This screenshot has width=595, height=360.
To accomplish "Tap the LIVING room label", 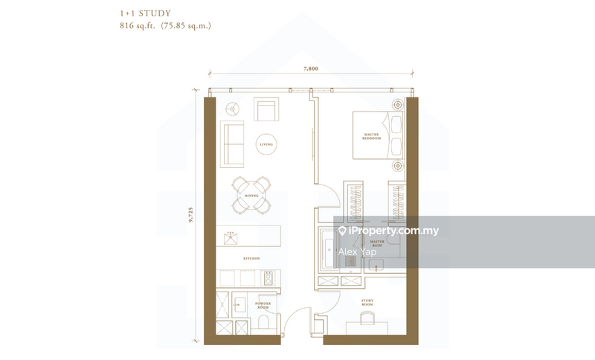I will (x=266, y=144).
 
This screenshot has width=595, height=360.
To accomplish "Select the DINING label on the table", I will (x=251, y=196).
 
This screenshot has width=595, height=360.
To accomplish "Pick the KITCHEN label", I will (x=251, y=257).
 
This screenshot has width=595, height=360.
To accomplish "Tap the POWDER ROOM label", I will (x=262, y=306).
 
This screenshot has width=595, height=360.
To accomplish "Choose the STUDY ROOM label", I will (x=367, y=303).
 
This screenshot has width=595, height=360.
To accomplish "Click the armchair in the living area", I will (x=266, y=110).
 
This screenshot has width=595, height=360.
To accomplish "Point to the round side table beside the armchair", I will (x=232, y=108).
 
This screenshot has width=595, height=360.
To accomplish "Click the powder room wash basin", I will (x=239, y=305).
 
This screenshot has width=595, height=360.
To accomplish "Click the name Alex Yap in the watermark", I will (x=357, y=252).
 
